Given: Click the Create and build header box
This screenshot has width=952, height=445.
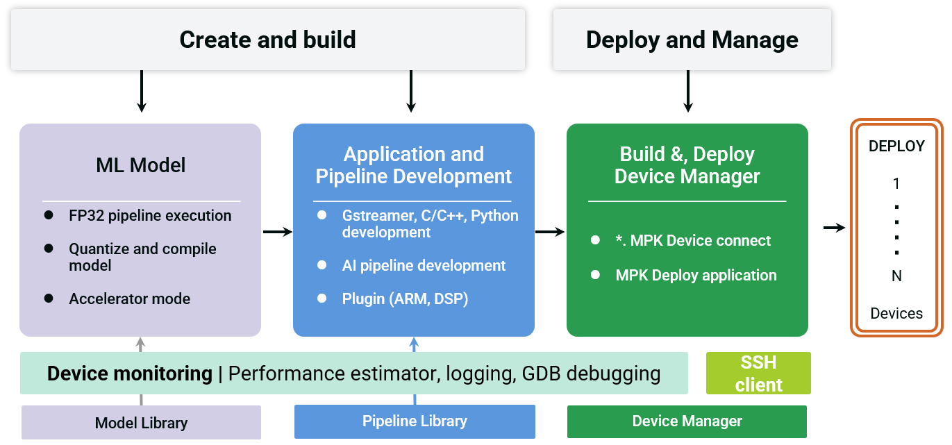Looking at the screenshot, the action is [268, 40].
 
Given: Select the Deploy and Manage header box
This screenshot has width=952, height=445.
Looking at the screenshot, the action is [692, 40].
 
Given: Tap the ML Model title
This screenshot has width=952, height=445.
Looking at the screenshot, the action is [141, 165].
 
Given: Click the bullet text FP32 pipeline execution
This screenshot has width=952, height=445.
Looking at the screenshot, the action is [150, 215].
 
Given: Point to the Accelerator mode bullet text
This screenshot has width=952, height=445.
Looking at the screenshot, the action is [130, 299].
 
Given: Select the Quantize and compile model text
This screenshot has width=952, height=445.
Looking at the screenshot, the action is [142, 257].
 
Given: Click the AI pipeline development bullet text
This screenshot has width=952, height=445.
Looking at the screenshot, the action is [424, 266].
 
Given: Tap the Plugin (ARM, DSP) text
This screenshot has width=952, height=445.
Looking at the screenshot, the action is [405, 299].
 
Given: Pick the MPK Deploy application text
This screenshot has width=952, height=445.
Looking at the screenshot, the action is [696, 276].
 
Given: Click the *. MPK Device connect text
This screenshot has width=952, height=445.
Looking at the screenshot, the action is [693, 241].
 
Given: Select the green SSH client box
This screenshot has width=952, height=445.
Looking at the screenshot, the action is [758, 373].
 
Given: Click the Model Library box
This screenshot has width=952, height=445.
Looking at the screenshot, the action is [141, 423].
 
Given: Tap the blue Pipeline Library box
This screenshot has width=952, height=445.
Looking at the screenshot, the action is [415, 421].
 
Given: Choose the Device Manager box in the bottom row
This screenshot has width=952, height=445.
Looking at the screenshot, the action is [687, 421].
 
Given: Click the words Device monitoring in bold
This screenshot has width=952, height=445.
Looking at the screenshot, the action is [130, 373].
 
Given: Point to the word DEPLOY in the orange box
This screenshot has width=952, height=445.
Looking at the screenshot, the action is [896, 146].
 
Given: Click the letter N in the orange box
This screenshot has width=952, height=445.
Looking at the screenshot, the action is [896, 276].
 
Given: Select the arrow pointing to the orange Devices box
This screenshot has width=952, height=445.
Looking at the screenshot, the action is [834, 228].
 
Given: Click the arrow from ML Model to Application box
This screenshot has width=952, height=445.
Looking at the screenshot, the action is [278, 232].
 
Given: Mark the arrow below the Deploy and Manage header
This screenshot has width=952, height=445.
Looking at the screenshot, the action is [688, 91].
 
